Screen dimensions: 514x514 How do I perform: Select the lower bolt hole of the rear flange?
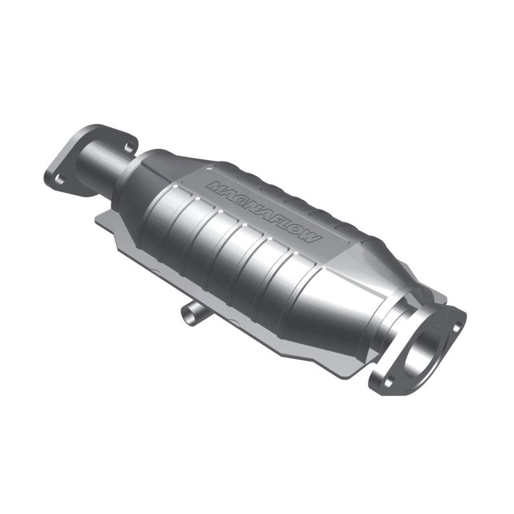(59, 180)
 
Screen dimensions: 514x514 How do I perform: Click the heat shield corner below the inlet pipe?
(103, 222)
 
